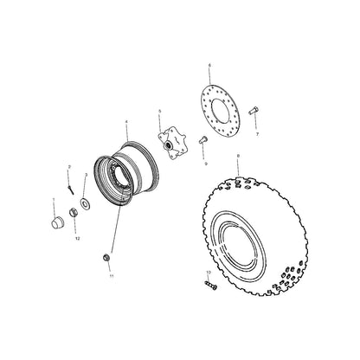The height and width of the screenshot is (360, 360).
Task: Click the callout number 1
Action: pyautogui.click(x=53, y=200)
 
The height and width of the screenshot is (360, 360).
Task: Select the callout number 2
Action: pyautogui.click(x=69, y=165)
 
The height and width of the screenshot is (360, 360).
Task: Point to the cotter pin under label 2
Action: pyautogui.click(x=69, y=181)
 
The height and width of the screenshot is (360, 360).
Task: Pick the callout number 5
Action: pyautogui.click(x=160, y=112)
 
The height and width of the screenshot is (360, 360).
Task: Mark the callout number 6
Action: pyautogui.click(x=209, y=65)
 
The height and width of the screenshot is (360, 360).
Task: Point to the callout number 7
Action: pyautogui.click(x=257, y=135)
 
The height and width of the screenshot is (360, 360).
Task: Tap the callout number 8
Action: pyautogui.click(x=237, y=156)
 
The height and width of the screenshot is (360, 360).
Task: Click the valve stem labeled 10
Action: pyautogui.click(x=209, y=284)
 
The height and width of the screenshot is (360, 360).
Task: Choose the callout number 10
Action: pyautogui.click(x=208, y=273)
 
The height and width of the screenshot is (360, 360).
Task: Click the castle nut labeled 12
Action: pyautogui.click(x=75, y=228)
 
